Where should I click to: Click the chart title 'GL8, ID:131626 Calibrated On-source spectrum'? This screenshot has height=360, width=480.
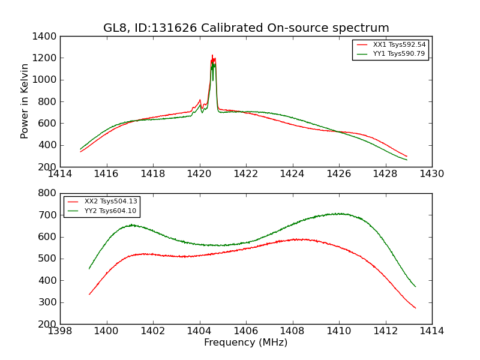click(246, 28)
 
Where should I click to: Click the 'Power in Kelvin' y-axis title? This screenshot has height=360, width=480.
click(25, 101)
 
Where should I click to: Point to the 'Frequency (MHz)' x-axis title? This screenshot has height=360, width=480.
click(246, 343)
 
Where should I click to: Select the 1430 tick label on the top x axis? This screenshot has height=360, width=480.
click(432, 174)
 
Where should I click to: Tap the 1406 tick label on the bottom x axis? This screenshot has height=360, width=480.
click(246, 331)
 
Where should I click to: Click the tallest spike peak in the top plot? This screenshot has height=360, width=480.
click(212, 55)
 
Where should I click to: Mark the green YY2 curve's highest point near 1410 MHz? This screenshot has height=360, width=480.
click(340, 214)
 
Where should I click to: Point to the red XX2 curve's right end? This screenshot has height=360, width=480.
click(415, 308)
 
